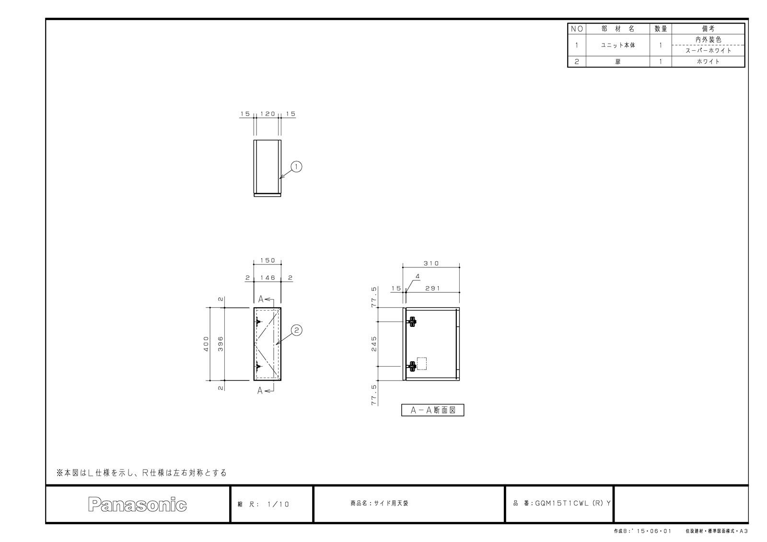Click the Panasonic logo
coord(137,504)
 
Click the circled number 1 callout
coord(296,167)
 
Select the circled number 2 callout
coord(297,330)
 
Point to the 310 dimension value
coord(431,263)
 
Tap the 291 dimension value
coord(432,288)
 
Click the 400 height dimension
coord(206,344)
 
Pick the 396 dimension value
coord(221,344)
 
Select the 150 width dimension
coord(267,260)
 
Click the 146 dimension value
coord(267,277)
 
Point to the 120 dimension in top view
coord(267,114)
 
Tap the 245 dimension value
coord(374,344)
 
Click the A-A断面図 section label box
coord(432,410)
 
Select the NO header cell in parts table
coord(577,29)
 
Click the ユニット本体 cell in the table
coord(618,45)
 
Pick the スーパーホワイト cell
coord(708,51)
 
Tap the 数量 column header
coord(661,29)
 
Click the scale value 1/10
coord(278,504)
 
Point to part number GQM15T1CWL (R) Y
coord(572,503)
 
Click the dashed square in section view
coord(422,364)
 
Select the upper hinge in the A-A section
coord(412,322)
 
